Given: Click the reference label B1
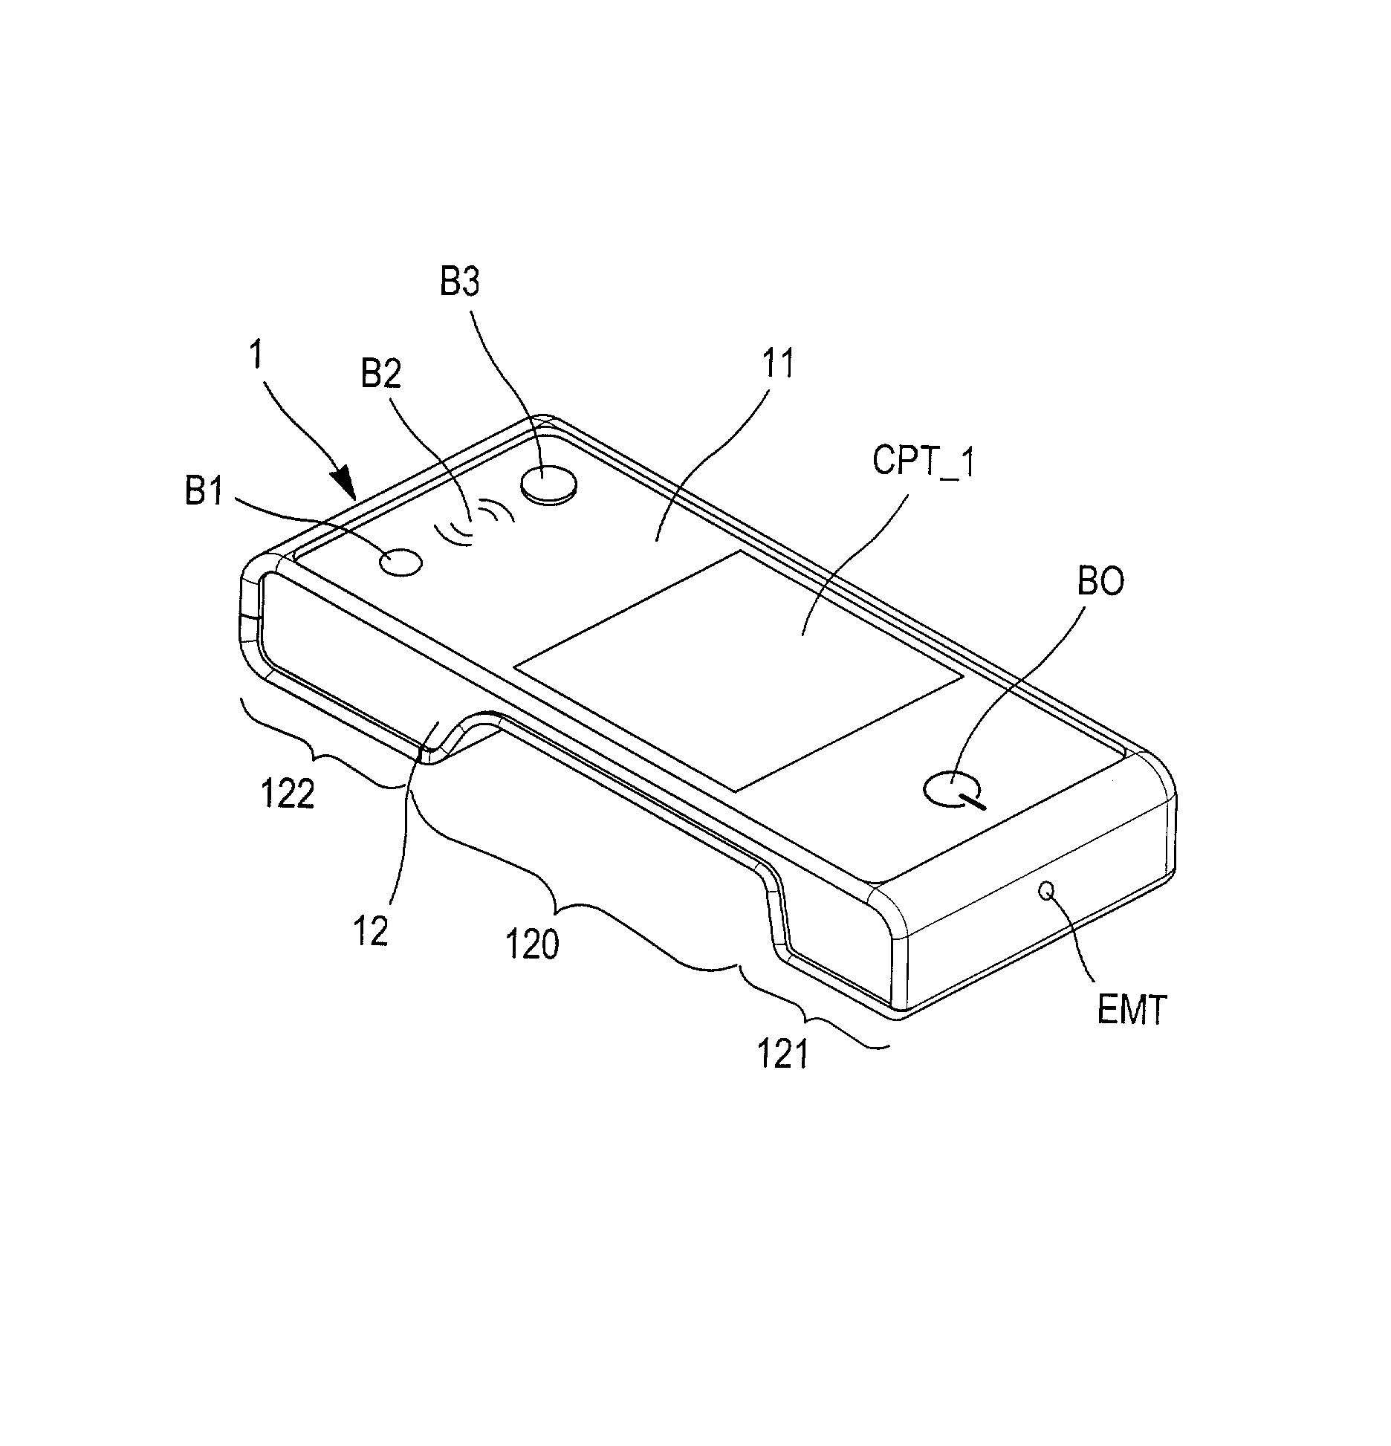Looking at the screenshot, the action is coord(204,491).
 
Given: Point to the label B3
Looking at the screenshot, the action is coord(460,282).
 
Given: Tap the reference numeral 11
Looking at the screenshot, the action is coord(778,365).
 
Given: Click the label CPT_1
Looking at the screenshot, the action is coord(923,461).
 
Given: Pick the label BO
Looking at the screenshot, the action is coord(1100,582).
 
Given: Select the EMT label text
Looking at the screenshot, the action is coord(1132,1011).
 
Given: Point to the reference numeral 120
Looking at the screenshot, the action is coord(533,946).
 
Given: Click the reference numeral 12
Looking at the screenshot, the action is coord(371,932).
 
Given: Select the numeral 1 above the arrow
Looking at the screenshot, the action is coord(256,355).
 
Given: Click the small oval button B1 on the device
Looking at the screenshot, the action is coord(401,562).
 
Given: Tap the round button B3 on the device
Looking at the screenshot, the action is coord(549,484).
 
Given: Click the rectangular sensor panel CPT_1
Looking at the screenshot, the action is coord(739,670).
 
